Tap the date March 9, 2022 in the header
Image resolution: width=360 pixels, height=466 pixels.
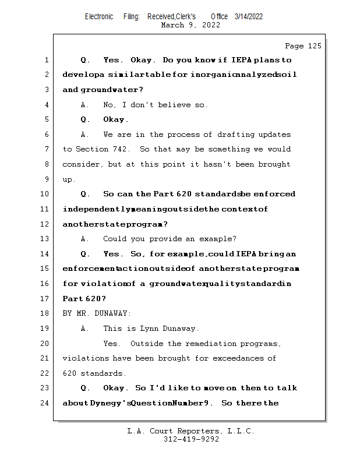pos(190,25)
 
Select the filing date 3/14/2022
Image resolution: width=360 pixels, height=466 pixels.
pos(249,16)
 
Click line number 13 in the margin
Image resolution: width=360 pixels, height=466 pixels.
pos(46,239)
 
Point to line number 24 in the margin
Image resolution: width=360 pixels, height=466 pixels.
pos(46,403)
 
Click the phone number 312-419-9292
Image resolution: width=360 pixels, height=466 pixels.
pos(191,439)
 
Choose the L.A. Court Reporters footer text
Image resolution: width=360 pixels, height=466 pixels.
pos(191,431)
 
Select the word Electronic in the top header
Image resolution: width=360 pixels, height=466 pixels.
pos(99,16)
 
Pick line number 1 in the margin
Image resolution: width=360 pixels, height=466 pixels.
pos(46,60)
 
